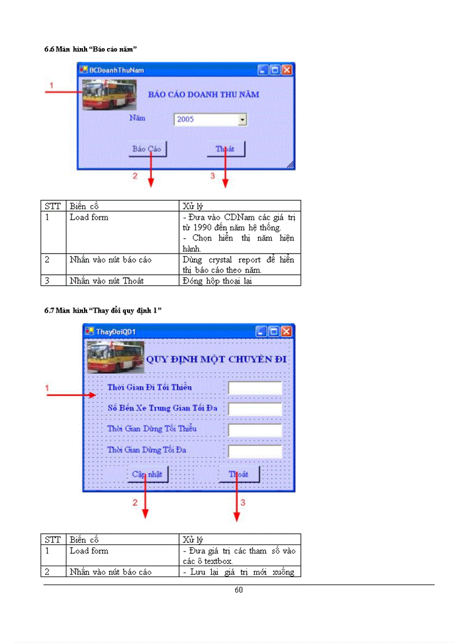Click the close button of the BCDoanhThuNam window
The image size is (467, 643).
[x=287, y=70]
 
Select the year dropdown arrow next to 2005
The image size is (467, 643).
[x=242, y=119]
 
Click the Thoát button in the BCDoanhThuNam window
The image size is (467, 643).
[x=225, y=149]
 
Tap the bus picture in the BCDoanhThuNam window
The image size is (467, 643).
[x=109, y=94]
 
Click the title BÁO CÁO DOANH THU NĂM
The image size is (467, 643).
[x=203, y=94]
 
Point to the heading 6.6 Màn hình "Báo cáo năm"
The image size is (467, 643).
[x=90, y=49]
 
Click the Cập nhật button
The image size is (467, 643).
[x=147, y=474]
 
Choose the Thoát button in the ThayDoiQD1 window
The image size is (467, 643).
[x=239, y=474]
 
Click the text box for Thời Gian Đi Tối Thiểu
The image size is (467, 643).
[x=255, y=388]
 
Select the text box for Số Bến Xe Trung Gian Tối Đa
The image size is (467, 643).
[x=255, y=409]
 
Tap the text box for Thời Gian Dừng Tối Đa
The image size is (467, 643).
[x=255, y=451]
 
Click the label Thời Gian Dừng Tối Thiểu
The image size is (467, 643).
[x=152, y=429]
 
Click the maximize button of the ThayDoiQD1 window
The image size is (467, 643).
[x=274, y=332]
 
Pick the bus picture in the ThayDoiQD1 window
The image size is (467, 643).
[x=114, y=357]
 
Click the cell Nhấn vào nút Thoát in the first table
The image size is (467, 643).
[x=106, y=281]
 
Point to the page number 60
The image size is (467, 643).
[x=239, y=590]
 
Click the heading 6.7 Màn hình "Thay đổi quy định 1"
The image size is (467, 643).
[x=103, y=310]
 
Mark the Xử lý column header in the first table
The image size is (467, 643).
[x=193, y=206]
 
